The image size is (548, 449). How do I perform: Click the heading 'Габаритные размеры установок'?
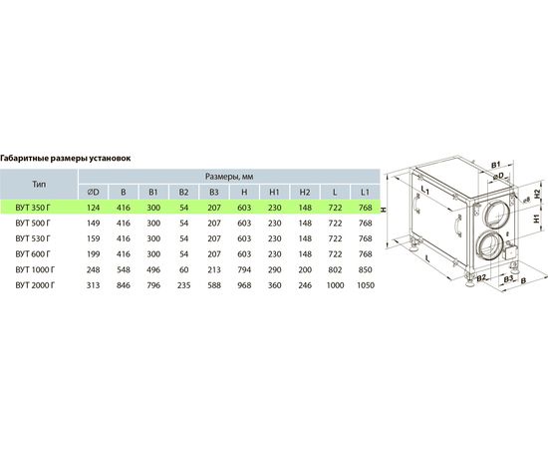(66, 159)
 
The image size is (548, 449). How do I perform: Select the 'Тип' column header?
(39, 184)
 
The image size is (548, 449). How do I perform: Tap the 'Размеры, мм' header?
(229, 177)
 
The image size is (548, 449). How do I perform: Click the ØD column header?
(94, 193)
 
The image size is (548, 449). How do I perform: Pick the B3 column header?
(214, 193)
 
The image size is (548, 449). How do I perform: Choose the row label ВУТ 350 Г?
(33, 208)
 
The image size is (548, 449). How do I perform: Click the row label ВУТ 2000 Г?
(35, 285)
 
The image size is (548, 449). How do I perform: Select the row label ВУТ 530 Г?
(33, 238)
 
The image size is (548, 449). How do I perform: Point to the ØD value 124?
(94, 208)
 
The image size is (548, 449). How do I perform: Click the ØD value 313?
(94, 285)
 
